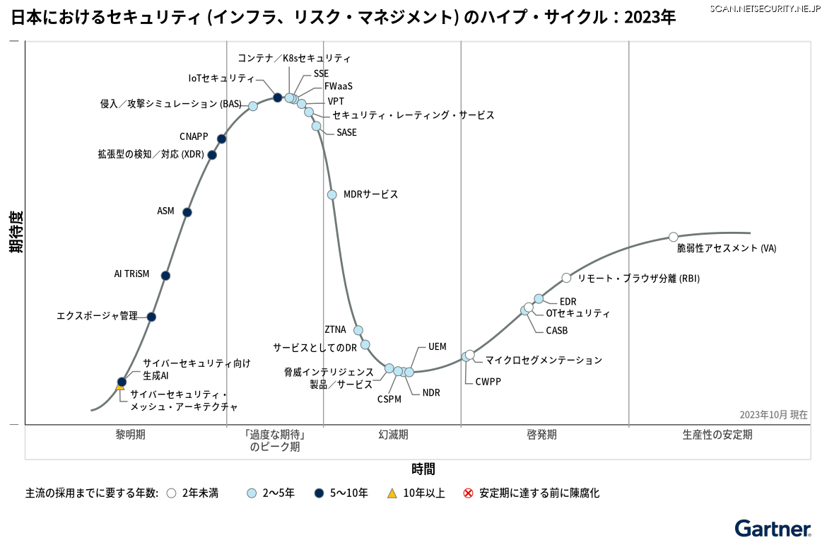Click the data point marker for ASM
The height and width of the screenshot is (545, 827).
point(187,212)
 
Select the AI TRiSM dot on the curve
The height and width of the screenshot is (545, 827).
point(165,276)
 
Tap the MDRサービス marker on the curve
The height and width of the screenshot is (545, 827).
point(332,195)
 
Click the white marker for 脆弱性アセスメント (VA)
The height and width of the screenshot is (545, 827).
point(674,237)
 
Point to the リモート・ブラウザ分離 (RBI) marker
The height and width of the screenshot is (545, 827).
point(566,278)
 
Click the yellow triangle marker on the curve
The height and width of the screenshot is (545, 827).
point(120,386)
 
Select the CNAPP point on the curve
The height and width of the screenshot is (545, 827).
point(222,139)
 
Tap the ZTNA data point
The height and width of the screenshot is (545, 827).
point(358,330)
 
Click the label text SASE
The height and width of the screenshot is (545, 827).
point(346,132)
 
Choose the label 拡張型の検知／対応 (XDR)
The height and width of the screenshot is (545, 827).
point(151,154)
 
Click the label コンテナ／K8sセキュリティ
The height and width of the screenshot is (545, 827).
point(294,58)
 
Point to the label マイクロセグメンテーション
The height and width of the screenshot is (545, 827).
point(544,360)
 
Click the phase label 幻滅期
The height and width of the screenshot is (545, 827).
point(393,435)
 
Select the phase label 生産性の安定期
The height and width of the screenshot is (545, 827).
point(717,435)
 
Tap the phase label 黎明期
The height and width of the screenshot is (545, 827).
point(131,435)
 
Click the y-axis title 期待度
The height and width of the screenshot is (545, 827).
point(16,232)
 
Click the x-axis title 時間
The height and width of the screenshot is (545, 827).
point(423,469)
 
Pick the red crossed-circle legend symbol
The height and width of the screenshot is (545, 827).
point(468,493)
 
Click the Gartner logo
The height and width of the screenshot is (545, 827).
point(773,529)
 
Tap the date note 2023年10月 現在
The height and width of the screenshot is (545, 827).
point(773,415)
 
